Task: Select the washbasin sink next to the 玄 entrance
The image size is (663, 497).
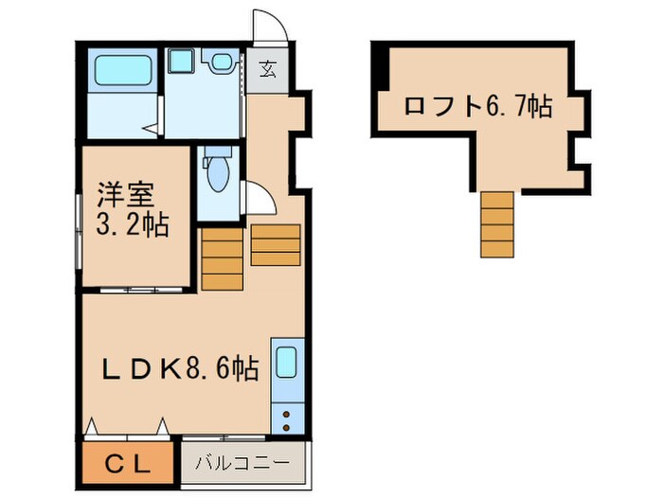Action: [221, 62]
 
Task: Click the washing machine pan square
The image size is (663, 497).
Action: [179, 62]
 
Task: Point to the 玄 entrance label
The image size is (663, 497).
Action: [268, 69]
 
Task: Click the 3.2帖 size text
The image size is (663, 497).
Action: [132, 225]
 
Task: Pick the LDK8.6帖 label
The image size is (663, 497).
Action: [179, 368]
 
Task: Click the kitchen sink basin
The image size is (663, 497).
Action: [286, 364]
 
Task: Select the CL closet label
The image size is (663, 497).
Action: [127, 464]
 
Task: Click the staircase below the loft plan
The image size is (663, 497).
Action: [496, 223]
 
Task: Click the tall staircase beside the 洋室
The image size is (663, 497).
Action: [223, 257]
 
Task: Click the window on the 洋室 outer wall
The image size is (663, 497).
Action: [79, 228]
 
